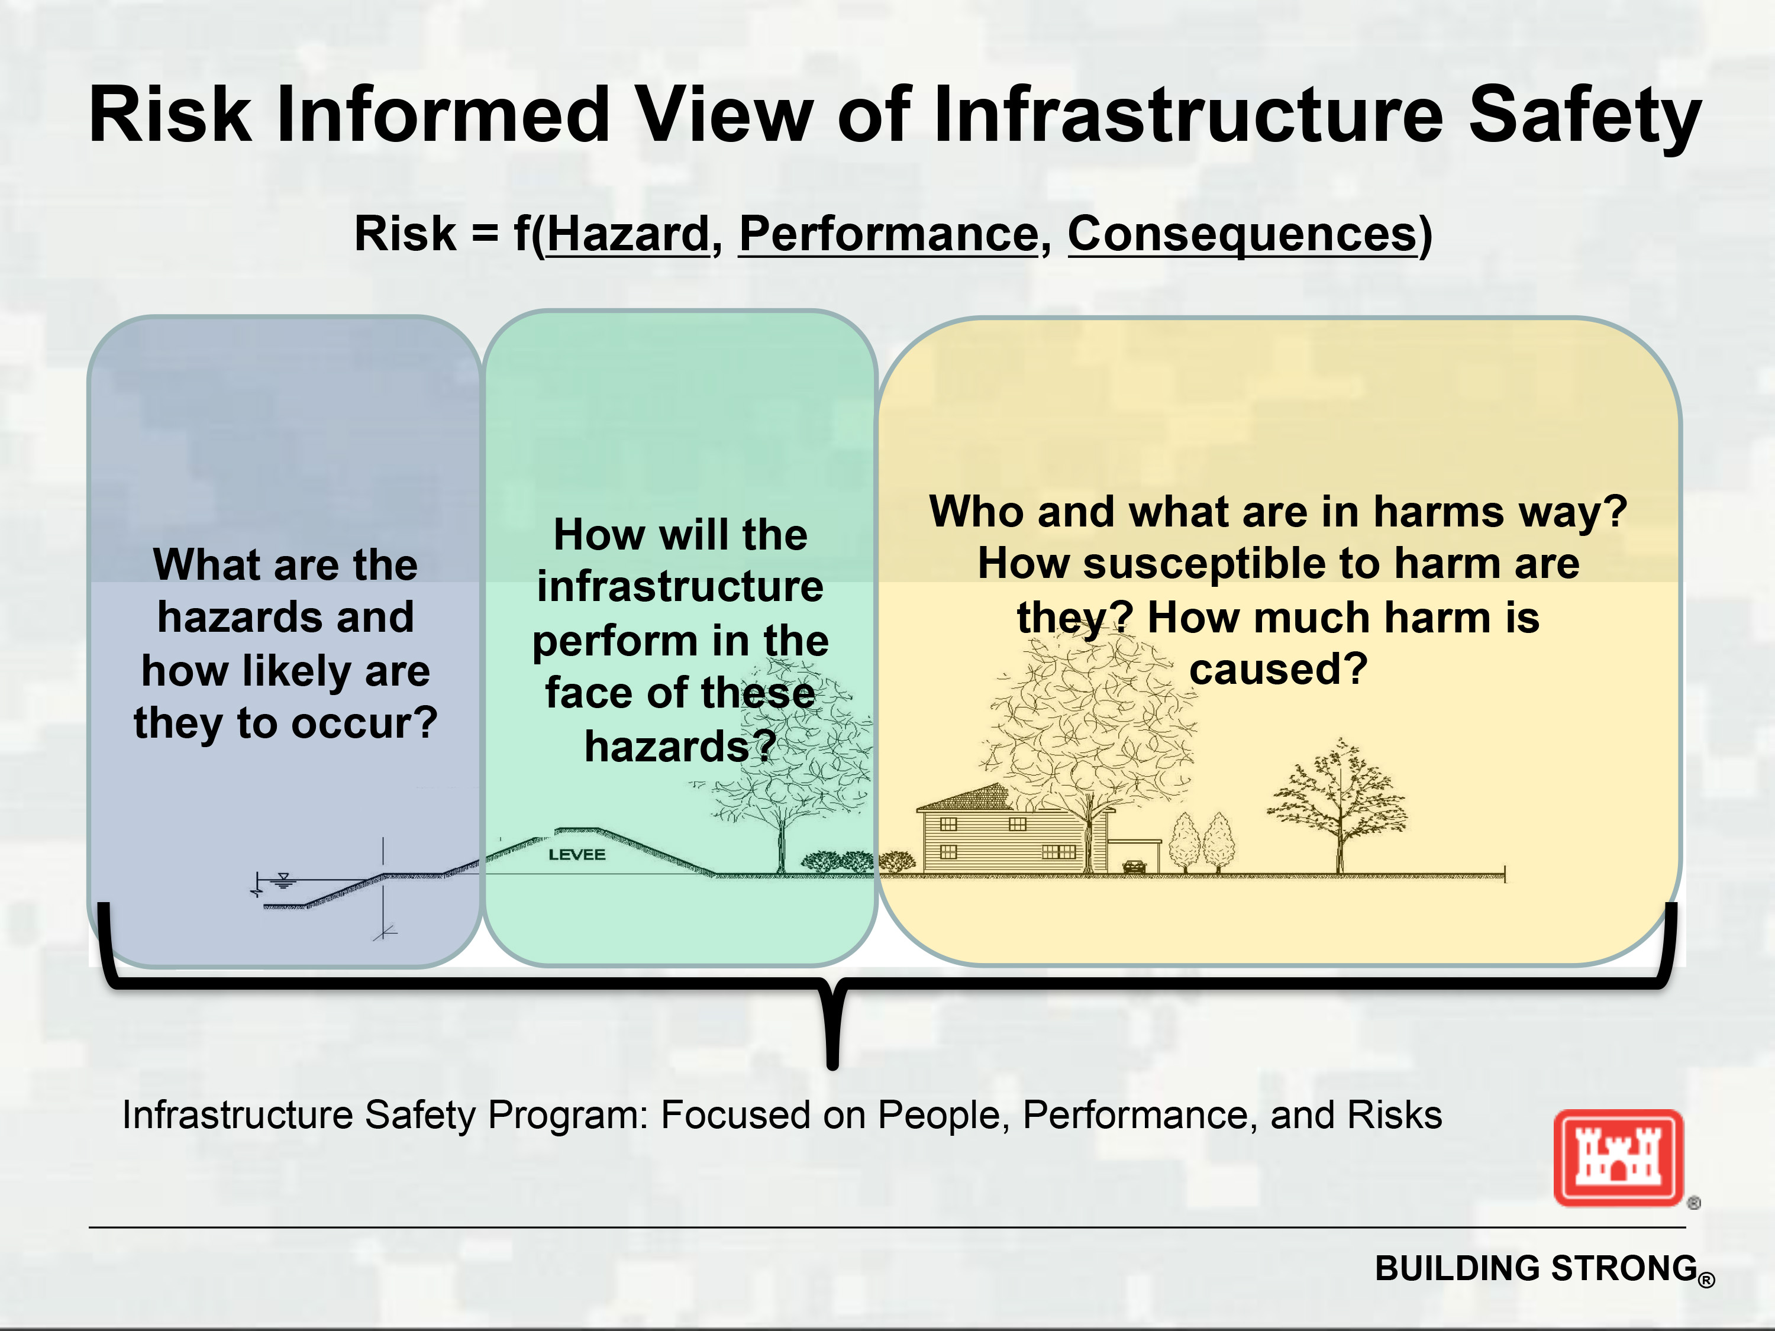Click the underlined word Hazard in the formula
(x=628, y=234)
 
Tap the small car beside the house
(x=1134, y=867)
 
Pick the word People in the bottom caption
(x=944, y=1115)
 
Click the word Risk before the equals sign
(x=405, y=234)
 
